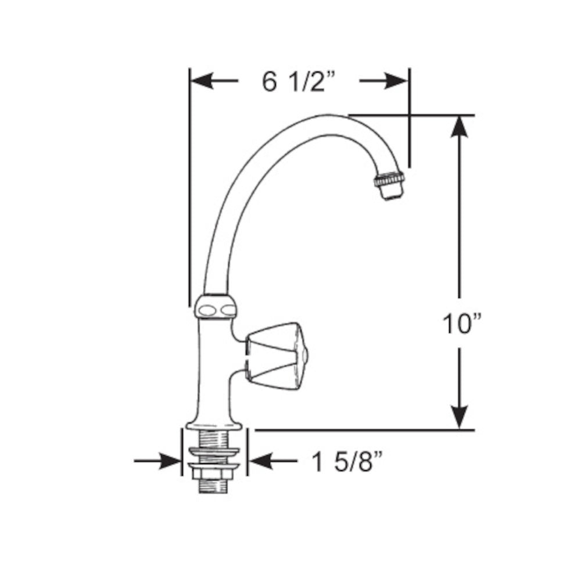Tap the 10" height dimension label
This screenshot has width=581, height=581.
click(x=462, y=324)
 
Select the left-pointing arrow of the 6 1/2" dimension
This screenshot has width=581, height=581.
click(x=213, y=82)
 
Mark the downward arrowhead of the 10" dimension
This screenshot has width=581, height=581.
click(x=460, y=414)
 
